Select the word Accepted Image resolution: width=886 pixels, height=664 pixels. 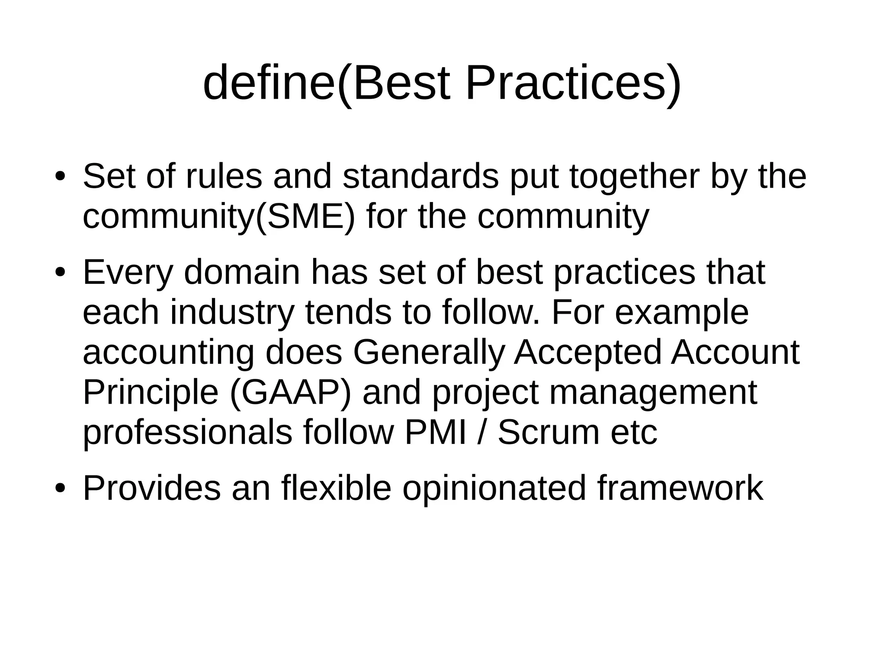[588, 353]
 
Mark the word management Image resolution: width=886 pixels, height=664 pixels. [653, 393]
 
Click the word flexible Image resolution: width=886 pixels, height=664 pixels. [336, 488]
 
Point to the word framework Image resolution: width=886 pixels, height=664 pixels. [680, 488]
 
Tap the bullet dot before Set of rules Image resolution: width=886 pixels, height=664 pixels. [60, 177]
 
